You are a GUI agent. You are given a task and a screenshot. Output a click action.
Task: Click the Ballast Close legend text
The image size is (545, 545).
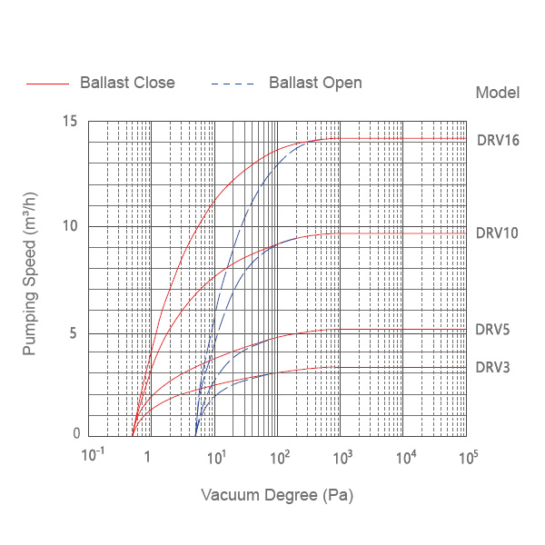[x=127, y=83]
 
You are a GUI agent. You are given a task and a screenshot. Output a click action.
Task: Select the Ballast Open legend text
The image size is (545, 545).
[x=315, y=83]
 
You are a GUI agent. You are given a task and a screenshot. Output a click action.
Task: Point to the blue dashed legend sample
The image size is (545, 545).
[x=233, y=84]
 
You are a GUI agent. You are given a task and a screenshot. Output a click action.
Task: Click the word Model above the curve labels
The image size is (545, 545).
[x=498, y=93]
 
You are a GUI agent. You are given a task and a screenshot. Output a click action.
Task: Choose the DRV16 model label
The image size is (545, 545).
[x=498, y=141]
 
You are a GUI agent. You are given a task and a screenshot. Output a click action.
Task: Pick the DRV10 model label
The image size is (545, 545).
[x=497, y=233]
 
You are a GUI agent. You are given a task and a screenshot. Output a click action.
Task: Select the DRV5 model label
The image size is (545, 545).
[x=493, y=330]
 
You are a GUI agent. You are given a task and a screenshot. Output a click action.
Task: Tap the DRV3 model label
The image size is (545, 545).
[x=493, y=368]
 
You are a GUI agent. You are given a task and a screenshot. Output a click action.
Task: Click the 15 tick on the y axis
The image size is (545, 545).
[x=70, y=122]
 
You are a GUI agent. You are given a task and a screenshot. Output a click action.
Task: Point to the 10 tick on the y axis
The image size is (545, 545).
[x=70, y=226]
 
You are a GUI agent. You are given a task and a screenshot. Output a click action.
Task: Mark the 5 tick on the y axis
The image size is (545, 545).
[x=74, y=332]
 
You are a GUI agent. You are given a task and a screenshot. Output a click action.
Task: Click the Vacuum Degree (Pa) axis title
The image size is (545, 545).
[x=276, y=496]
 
